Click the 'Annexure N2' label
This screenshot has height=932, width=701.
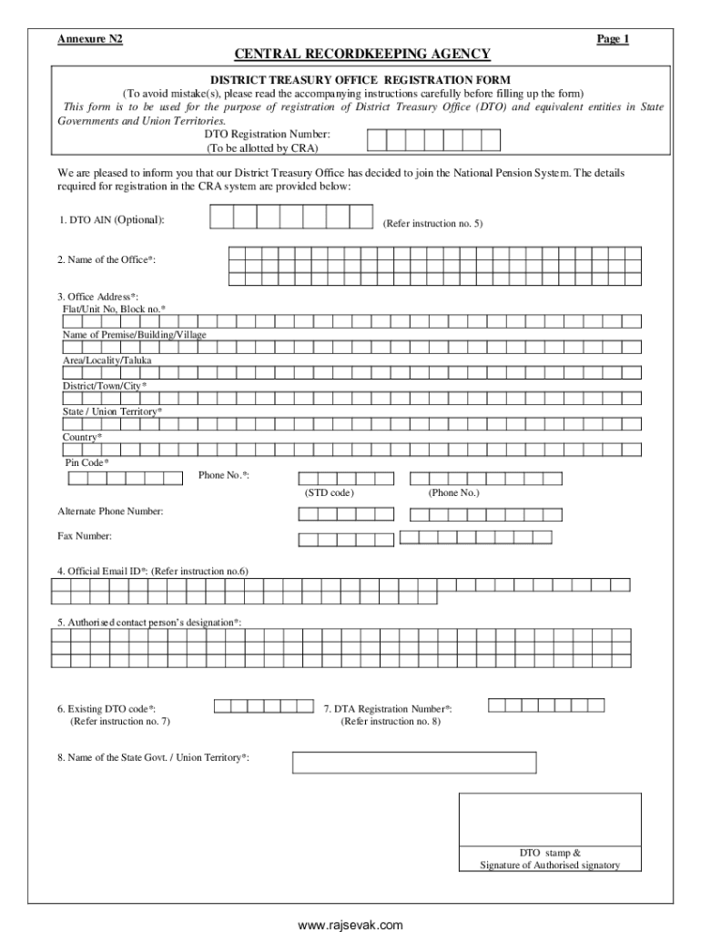coord(90,39)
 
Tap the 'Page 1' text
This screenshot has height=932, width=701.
coord(613,39)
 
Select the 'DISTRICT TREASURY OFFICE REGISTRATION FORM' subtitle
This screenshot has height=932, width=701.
coord(361,80)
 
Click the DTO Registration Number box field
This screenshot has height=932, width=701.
coord(433,139)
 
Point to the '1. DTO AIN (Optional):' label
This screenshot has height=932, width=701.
coord(112,220)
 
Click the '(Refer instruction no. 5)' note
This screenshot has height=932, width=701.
coord(432,223)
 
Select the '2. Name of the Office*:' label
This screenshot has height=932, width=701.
coord(106,260)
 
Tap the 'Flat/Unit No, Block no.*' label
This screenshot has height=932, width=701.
coord(114,309)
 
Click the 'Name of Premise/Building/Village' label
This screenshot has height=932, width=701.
coord(134,335)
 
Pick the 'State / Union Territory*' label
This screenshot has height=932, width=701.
coord(112,411)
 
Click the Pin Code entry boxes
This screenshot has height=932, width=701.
coord(125,477)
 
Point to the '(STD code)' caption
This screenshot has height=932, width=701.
coord(329,492)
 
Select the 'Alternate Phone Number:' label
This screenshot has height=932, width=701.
coord(111,512)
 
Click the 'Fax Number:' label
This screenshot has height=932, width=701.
coord(85,536)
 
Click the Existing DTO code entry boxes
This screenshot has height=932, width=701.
coord(263,705)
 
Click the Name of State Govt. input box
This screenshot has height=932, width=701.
coord(414,762)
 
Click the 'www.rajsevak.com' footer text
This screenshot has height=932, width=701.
coord(350,925)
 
